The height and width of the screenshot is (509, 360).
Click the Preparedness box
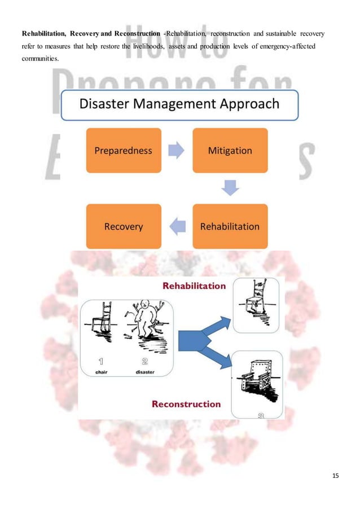click(x=123, y=150)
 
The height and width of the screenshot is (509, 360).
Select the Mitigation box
click(x=230, y=150)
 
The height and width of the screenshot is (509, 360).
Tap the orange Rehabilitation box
click(x=230, y=226)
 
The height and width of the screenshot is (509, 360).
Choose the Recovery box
click(x=123, y=226)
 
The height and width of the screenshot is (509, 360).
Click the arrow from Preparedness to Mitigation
click(x=176, y=151)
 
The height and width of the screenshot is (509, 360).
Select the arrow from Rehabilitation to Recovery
click(x=177, y=227)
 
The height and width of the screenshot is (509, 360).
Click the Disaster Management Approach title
click(x=179, y=104)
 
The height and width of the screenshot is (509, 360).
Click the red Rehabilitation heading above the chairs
click(x=194, y=286)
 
